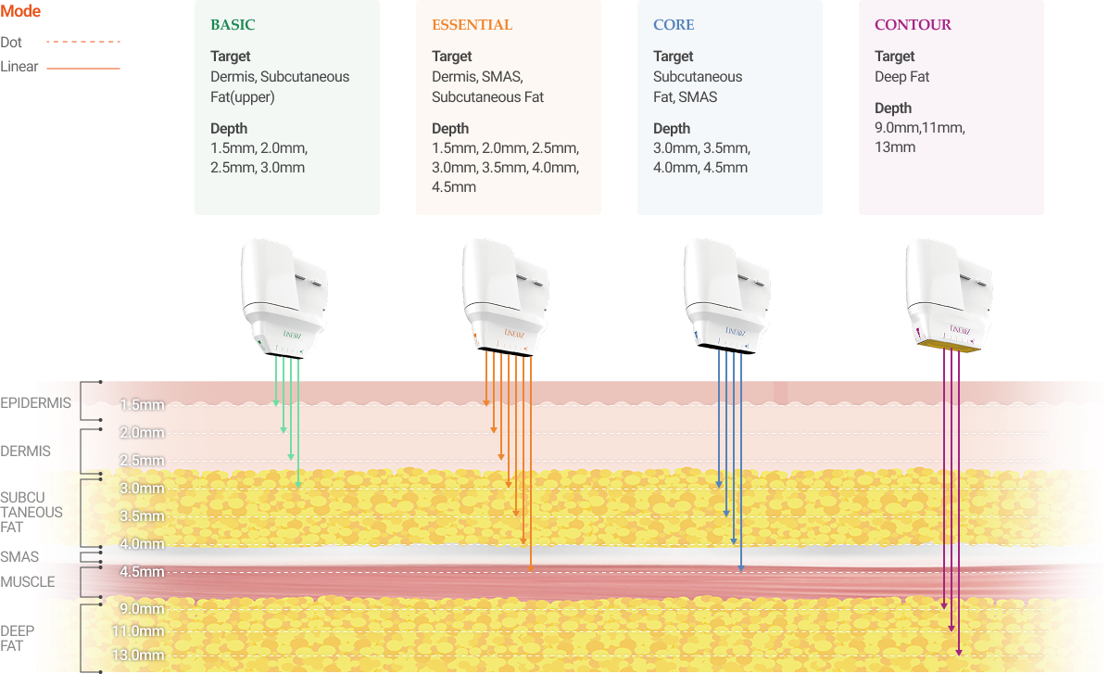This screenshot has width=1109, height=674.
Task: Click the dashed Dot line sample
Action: click(x=83, y=42)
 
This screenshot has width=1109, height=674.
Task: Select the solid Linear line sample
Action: click(x=83, y=68)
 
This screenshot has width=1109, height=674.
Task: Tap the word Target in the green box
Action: click(x=230, y=57)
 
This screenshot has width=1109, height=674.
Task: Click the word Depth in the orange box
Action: click(x=450, y=129)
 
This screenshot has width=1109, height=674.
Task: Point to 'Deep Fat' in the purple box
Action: click(x=901, y=77)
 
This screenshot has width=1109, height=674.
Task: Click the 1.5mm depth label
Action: click(x=142, y=405)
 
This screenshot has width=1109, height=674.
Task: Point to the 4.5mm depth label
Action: click(x=142, y=572)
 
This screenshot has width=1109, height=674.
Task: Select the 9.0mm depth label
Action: click(x=142, y=609)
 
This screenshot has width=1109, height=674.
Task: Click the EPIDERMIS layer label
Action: click(x=36, y=403)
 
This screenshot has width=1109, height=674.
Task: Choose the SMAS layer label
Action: click(x=19, y=556)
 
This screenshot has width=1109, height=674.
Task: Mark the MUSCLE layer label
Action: click(x=27, y=582)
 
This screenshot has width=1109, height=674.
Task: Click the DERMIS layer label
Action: click(x=26, y=451)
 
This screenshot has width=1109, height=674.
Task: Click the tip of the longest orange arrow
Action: click(x=531, y=570)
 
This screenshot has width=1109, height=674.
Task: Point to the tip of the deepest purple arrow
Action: click(x=959, y=654)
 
